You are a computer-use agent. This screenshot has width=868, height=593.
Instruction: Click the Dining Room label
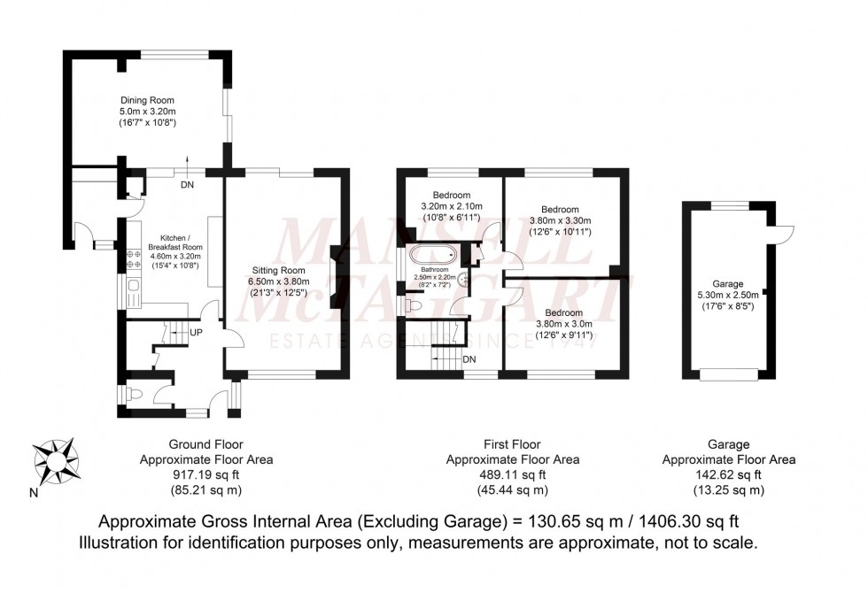[x=148, y=100]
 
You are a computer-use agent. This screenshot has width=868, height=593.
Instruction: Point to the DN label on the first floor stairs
[x=469, y=359]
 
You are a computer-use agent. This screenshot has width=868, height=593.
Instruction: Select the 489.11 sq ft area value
[x=512, y=474]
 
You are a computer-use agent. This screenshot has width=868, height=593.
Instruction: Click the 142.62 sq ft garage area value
[x=728, y=474]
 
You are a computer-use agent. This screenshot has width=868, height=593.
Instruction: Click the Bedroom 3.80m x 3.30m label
[x=559, y=220]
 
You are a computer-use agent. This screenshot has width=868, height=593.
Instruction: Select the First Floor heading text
[x=512, y=444]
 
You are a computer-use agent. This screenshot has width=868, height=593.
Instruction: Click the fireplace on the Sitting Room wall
[x=333, y=266]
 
